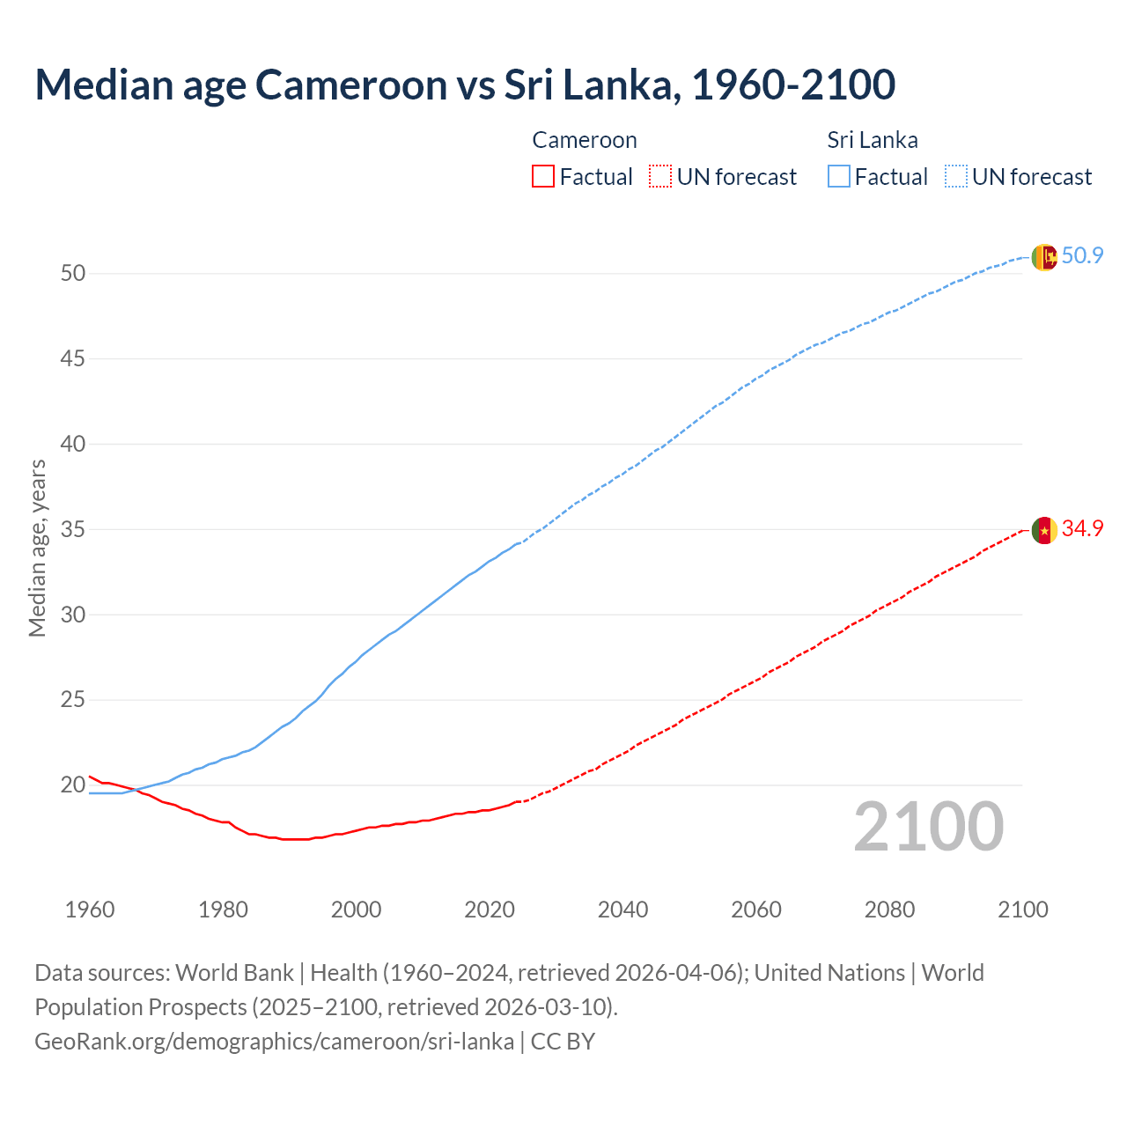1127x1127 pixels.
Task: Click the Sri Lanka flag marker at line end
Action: point(1043,257)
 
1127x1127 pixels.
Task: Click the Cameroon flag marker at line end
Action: point(1043,530)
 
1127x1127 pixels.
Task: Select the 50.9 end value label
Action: point(1082,256)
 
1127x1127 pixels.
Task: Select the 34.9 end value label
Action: point(1082,529)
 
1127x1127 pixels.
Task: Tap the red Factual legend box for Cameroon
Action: point(543,177)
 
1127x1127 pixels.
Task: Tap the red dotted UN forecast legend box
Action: point(660,177)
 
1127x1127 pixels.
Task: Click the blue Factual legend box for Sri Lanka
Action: point(839,177)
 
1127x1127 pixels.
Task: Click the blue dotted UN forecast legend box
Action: point(955,177)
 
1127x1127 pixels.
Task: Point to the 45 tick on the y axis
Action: point(73,359)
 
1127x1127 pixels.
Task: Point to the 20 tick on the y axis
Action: point(73,785)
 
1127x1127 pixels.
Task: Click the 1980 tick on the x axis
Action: point(223,910)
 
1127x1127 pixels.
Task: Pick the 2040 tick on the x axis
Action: point(622,910)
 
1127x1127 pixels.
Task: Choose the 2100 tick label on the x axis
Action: point(1022,910)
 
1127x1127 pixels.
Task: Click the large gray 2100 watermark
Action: point(929,827)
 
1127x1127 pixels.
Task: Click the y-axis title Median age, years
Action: point(37,548)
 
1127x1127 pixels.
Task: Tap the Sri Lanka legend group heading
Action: point(872,140)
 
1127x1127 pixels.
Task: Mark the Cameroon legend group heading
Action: point(584,140)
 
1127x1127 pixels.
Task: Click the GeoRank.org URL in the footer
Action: point(274,1042)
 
